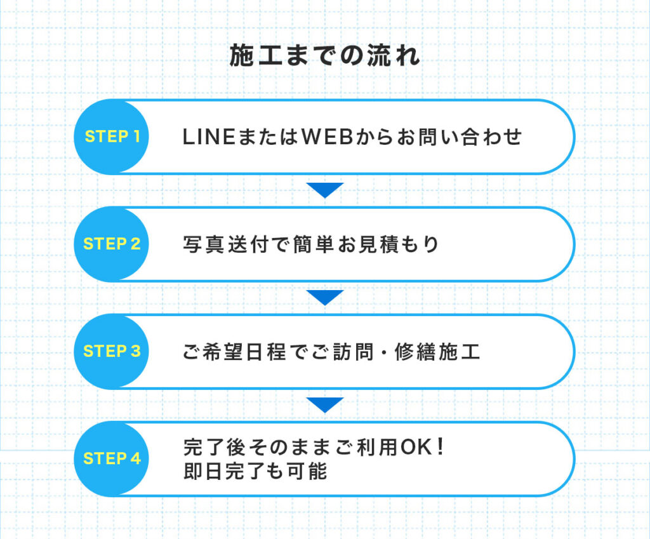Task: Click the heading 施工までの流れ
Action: click(325, 56)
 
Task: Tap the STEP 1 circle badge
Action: click(111, 136)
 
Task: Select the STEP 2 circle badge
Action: click(111, 244)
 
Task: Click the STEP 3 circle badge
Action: click(111, 351)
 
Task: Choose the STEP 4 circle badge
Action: click(111, 458)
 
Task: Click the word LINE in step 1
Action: click(209, 137)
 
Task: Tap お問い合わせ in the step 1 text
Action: click(460, 137)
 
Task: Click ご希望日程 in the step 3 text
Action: click(234, 352)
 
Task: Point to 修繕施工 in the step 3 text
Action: click(437, 352)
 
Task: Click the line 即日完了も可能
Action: click(255, 471)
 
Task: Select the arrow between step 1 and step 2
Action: click(325, 189)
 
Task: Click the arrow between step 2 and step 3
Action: click(325, 297)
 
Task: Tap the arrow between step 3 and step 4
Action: click(325, 404)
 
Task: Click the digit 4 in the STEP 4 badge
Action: click(136, 458)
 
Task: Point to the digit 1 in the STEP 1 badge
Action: click(136, 136)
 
